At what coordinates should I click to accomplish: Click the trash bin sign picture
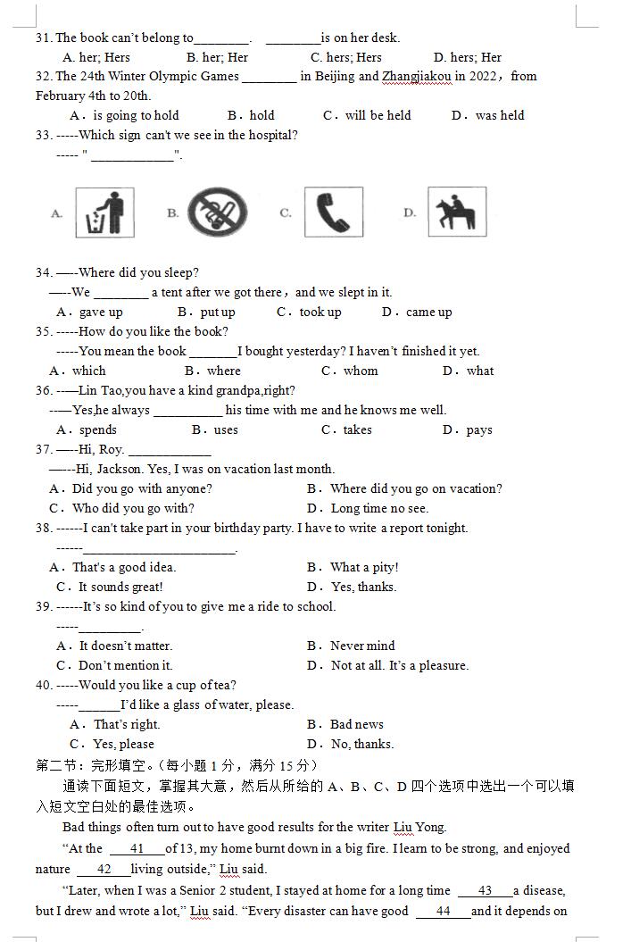[x=104, y=213]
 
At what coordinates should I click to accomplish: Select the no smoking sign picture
[x=217, y=213]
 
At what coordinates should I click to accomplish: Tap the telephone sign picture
[x=334, y=213]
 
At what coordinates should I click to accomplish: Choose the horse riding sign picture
[x=457, y=213]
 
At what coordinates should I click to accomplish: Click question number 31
[x=44, y=38]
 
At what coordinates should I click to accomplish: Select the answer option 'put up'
[x=217, y=313]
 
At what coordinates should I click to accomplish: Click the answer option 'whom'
[x=361, y=371]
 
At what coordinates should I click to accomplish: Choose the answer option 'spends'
[x=97, y=430]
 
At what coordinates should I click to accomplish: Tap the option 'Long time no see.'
[x=379, y=509]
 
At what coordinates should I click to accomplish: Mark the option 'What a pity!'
[x=364, y=568]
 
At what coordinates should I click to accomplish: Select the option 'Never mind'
[x=362, y=646]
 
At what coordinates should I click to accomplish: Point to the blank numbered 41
[x=137, y=849]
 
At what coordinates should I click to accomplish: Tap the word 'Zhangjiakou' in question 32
[x=417, y=77]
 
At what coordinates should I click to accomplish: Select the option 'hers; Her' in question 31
[x=467, y=58]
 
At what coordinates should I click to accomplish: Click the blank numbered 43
[x=485, y=891]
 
